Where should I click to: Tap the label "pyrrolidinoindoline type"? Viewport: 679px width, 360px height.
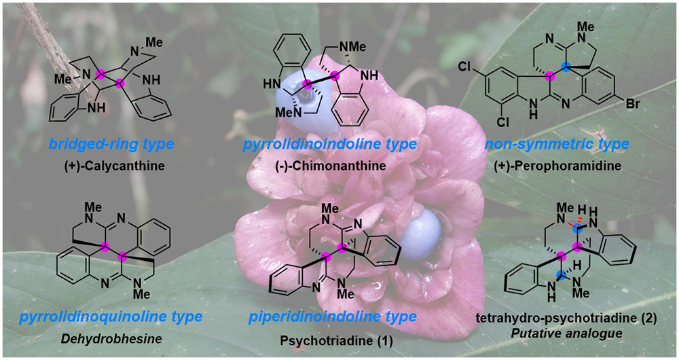click(x=331, y=144)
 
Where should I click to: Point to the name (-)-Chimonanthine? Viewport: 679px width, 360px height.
click(x=331, y=164)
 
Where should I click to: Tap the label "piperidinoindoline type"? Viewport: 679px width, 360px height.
click(x=331, y=317)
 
